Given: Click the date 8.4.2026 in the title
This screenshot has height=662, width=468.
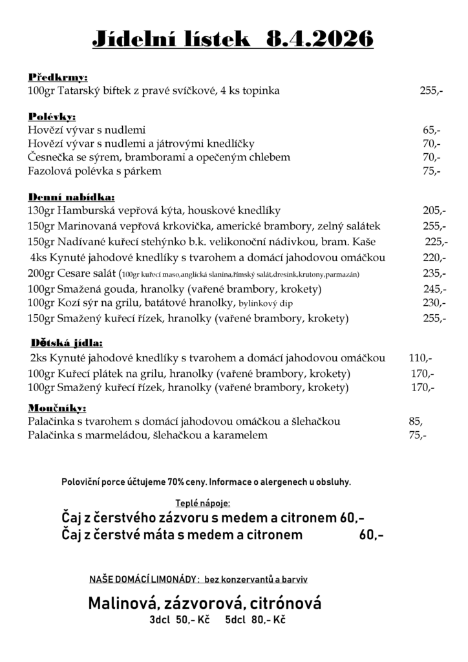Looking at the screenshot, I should pyautogui.click(x=319, y=39).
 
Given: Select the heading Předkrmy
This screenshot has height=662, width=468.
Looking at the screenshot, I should pyautogui.click(x=58, y=77).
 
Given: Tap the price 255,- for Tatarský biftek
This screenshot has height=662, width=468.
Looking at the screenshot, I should pyautogui.click(x=431, y=91).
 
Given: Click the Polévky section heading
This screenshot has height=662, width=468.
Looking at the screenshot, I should pyautogui.click(x=52, y=117).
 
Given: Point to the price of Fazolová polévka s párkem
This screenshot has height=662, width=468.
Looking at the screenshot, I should pyautogui.click(x=431, y=171).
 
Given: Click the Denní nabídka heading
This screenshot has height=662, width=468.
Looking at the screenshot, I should pyautogui.click(x=72, y=197).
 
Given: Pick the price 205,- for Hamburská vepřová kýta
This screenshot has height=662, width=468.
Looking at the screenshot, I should pyautogui.click(x=434, y=211).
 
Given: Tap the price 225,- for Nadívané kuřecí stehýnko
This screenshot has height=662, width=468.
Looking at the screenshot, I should pyautogui.click(x=436, y=242).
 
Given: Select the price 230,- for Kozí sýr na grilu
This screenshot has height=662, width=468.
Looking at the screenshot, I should pyautogui.click(x=434, y=303).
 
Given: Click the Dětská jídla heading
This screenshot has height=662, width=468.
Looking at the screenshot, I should pyautogui.click(x=67, y=343).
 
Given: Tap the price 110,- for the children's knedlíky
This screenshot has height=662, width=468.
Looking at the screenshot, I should pyautogui.click(x=421, y=358).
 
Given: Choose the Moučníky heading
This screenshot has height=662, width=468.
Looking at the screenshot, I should pyautogui.click(x=58, y=408).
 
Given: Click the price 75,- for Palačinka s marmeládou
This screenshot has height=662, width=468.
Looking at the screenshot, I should pyautogui.click(x=418, y=436).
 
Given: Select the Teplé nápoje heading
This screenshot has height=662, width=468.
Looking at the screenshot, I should pyautogui.click(x=202, y=503).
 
